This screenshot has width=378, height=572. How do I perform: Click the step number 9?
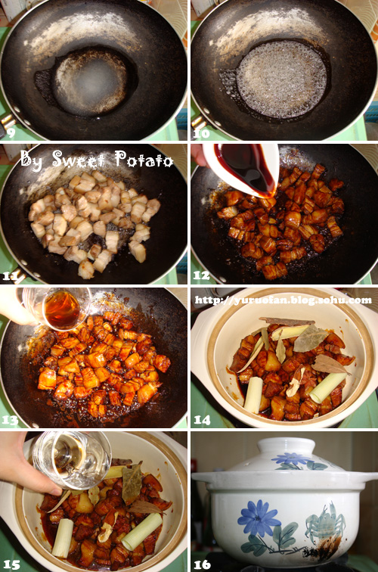click(x=11, y=132)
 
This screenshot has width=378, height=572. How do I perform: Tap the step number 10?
click(x=202, y=133)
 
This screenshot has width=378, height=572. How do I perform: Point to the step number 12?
click(x=201, y=275)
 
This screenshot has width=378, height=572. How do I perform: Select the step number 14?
click(x=202, y=420)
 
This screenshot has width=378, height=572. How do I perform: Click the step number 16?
click(x=202, y=564)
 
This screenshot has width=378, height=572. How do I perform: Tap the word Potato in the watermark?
click(x=144, y=159)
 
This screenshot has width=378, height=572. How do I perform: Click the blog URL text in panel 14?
click(x=283, y=300)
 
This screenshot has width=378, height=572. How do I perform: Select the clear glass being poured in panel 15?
click(x=71, y=460)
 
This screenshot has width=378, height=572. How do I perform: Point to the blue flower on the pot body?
click(x=258, y=518)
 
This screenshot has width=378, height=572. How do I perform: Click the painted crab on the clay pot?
click(x=324, y=521)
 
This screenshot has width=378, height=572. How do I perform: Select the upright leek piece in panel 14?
click(x=253, y=396)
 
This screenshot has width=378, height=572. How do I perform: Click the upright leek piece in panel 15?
click(x=63, y=538)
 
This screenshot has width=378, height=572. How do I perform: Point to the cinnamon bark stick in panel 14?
click(x=287, y=322)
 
